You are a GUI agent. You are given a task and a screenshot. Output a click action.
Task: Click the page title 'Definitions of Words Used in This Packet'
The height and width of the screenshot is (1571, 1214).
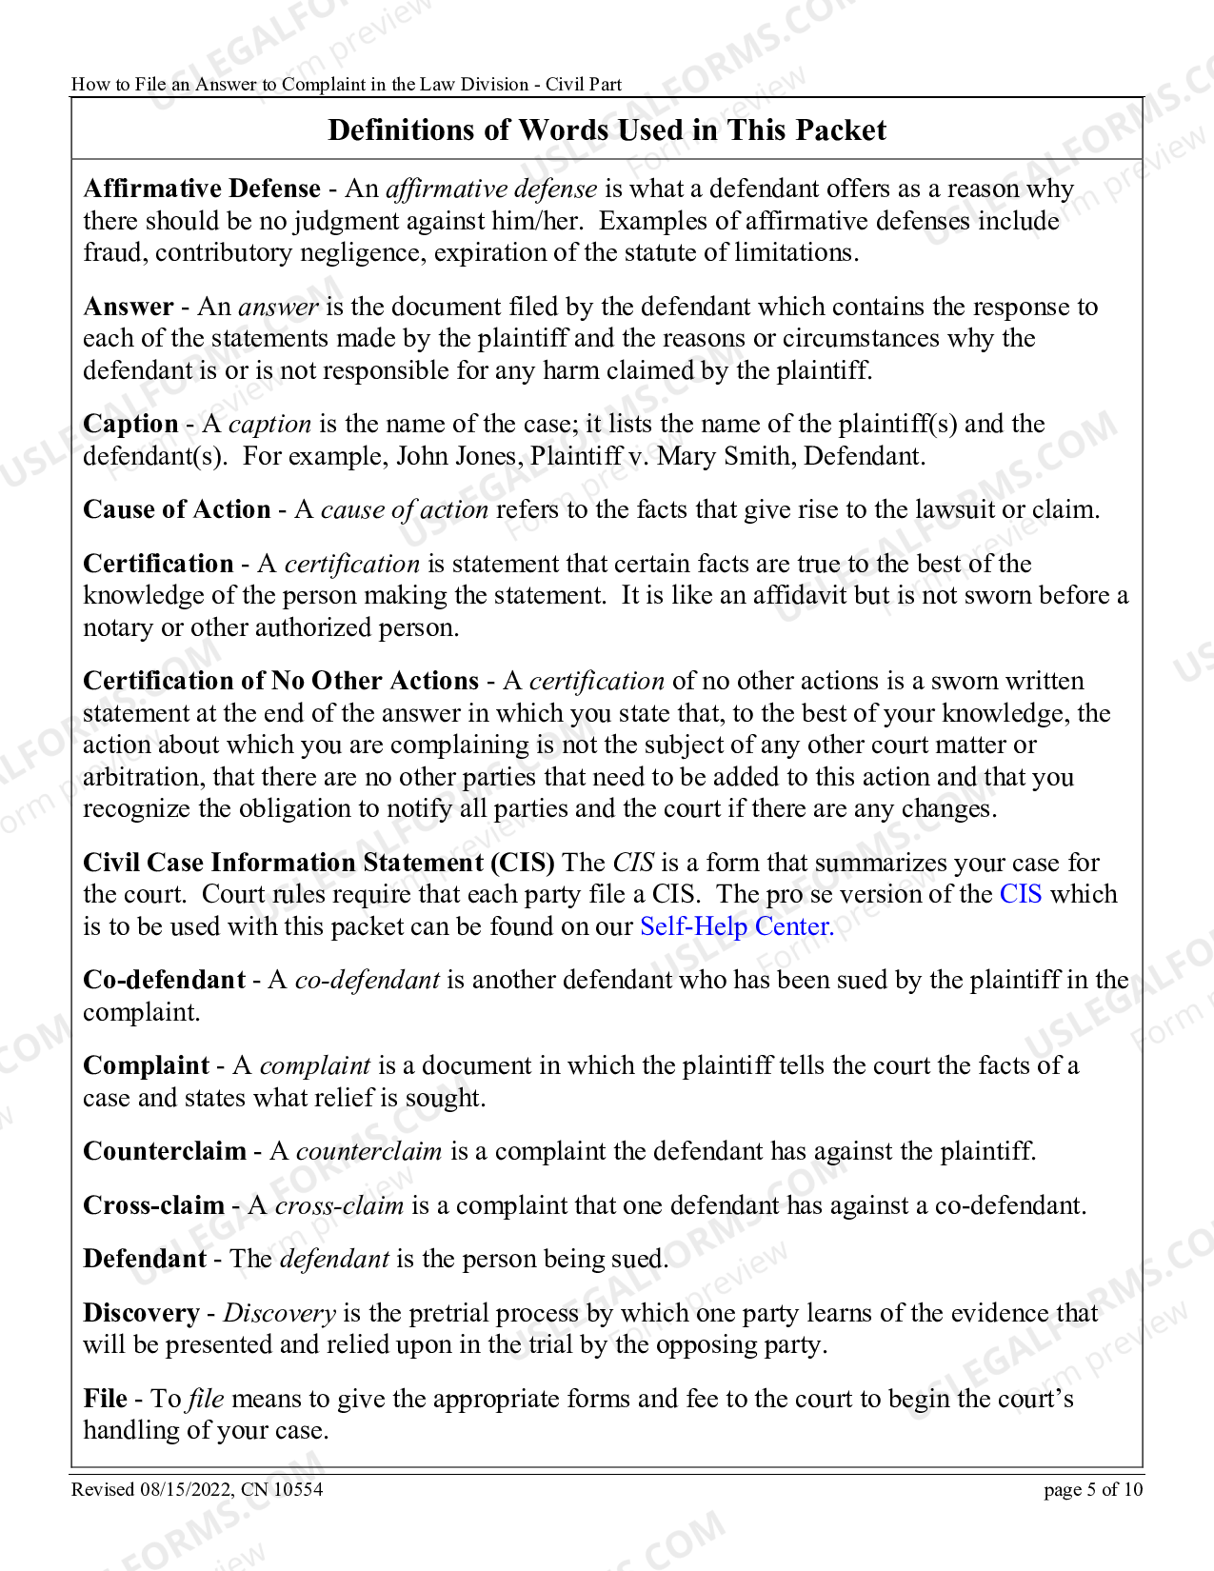607,129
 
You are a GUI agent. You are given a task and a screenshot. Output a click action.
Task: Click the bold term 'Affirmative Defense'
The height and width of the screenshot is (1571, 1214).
202,189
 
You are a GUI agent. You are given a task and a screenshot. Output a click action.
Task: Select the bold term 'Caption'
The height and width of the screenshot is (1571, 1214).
130,424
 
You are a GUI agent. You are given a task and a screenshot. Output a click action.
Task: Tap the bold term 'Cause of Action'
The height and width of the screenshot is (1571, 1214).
177,509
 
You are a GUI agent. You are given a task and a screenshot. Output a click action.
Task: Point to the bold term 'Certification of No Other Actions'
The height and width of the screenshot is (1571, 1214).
281,681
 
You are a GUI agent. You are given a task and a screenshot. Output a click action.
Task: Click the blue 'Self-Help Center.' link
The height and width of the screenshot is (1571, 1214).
736,926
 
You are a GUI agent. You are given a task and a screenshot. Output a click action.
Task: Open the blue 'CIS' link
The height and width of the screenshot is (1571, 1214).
1021,894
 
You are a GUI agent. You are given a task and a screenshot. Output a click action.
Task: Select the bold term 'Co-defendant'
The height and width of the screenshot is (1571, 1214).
164,980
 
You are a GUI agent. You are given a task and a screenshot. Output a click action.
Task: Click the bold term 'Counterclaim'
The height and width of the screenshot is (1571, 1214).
165,1151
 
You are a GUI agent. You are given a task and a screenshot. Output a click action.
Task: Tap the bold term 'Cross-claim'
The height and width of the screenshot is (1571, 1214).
153,1205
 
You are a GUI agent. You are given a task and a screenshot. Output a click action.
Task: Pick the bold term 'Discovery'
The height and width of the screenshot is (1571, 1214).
141,1313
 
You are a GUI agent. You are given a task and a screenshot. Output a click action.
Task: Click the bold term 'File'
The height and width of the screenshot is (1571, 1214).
105,1399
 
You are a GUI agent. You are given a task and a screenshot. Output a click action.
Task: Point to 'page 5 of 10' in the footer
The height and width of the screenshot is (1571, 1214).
1092,1490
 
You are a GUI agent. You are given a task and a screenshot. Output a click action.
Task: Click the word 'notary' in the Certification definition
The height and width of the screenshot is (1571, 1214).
117,627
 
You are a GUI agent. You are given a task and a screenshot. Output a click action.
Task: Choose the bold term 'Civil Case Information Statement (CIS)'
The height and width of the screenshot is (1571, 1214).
318,863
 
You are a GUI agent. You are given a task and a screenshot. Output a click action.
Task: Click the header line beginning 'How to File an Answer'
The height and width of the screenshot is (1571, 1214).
346,84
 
